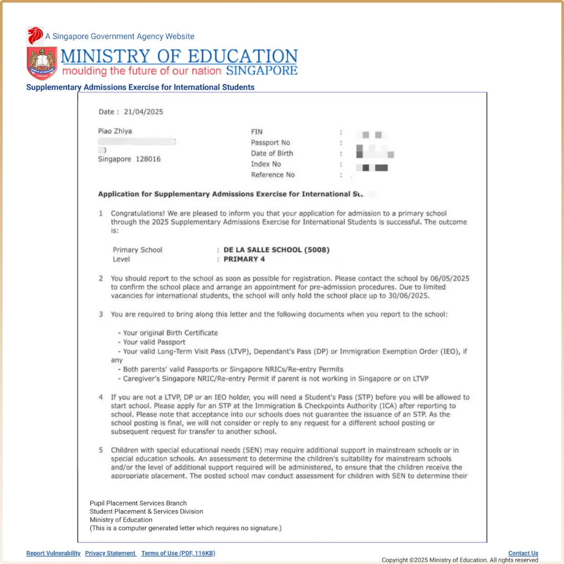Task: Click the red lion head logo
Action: click(35, 36)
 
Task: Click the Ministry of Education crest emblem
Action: click(42, 62)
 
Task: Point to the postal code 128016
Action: click(148, 159)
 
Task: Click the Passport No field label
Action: click(271, 143)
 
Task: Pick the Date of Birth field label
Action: click(272, 153)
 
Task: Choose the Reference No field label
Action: click(273, 174)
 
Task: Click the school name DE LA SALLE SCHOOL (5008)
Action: click(276, 250)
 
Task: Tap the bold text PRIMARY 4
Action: click(244, 259)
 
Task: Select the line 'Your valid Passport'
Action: click(154, 342)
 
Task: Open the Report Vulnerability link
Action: click(53, 553)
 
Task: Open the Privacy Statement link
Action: click(110, 553)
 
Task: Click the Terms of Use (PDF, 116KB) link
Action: click(178, 553)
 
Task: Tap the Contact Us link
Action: click(523, 553)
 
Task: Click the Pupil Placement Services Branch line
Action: click(138, 503)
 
